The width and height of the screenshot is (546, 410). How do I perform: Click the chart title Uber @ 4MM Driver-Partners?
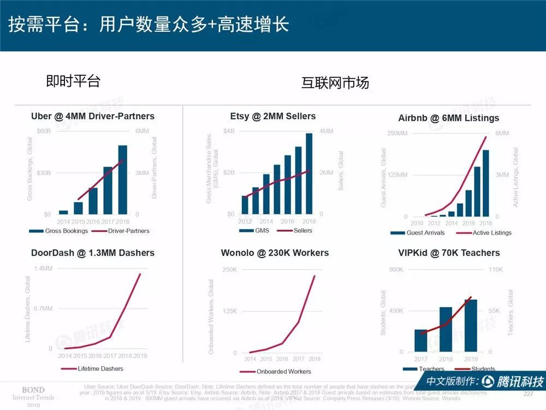point(93,116)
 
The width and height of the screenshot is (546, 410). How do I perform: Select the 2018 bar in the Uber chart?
point(123,179)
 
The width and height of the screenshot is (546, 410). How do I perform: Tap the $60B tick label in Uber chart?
point(44,131)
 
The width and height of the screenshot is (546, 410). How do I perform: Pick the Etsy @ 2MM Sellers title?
point(273,116)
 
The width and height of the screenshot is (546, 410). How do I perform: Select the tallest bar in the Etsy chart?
point(309,173)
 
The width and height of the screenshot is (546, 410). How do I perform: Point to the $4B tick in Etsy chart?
point(229,131)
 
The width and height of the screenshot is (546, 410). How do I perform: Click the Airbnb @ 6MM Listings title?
point(448,118)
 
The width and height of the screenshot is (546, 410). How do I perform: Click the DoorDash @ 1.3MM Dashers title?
point(93,253)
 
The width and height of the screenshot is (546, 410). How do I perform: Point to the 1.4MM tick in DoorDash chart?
point(43,268)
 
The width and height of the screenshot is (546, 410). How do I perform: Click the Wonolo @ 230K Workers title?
point(275,253)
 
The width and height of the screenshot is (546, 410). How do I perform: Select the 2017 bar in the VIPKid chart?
point(421,340)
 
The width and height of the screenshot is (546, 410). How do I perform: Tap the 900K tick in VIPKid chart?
point(396,270)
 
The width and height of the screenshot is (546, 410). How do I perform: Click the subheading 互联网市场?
point(335,83)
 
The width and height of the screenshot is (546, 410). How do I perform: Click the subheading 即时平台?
point(73,81)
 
